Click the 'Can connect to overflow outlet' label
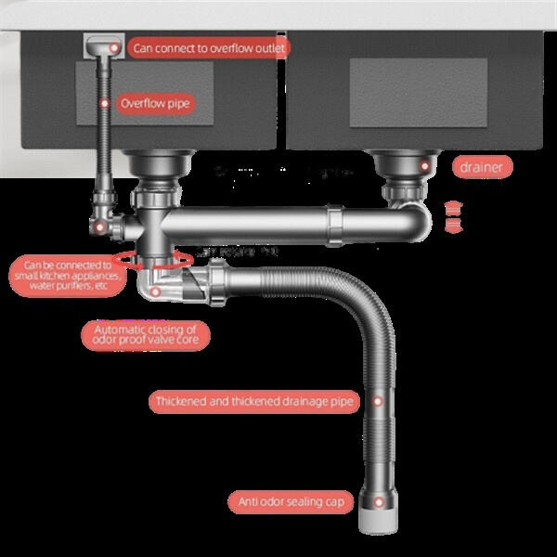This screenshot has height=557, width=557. tap(208, 47)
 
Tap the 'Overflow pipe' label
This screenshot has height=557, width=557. tap(154, 103)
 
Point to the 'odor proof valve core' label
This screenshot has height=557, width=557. tap(146, 333)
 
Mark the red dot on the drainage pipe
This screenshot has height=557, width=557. tap(378, 401)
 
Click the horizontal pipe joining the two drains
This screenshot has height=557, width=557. tap(278, 222)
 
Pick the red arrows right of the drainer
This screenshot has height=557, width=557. tap(454, 214)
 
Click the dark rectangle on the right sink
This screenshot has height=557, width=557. tap(418, 92)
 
